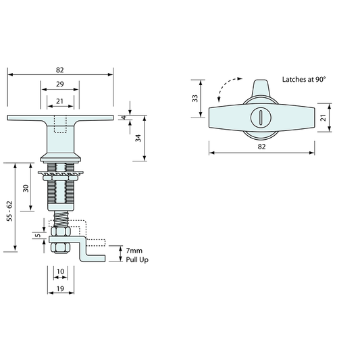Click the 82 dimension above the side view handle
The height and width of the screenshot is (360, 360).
coord(59,70)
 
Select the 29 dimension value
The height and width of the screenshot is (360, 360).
coord(59,84)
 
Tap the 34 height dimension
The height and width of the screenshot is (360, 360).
coord(138,138)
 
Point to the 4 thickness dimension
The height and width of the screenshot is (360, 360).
coord(124,118)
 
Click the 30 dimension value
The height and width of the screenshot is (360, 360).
coord(26,188)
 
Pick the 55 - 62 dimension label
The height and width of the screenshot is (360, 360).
coord(9,211)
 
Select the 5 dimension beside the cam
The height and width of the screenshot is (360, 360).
coord(38,236)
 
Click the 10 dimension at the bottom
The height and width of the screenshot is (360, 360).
coord(60,272)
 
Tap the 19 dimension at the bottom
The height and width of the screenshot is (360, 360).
coord(60,288)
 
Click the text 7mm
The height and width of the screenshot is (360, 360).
coord(134,251)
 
